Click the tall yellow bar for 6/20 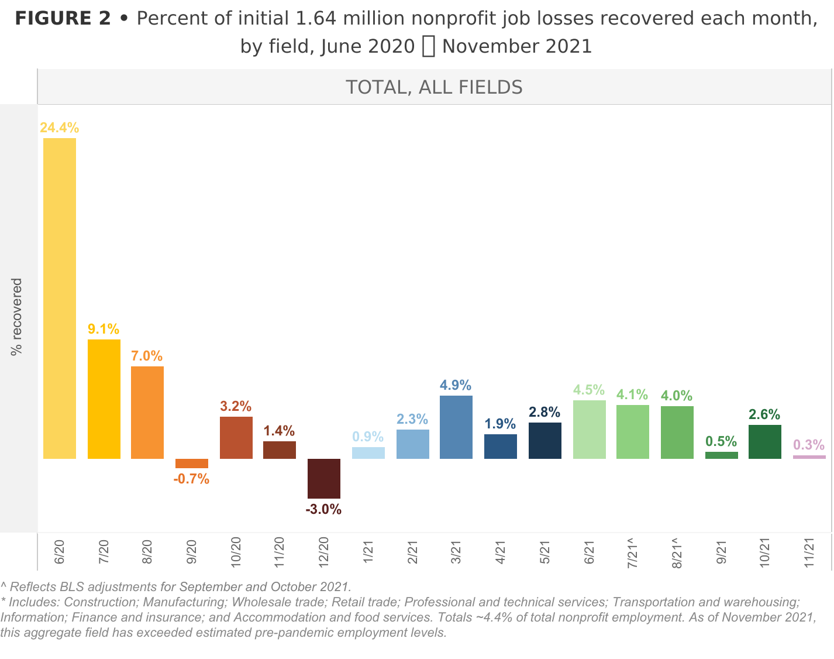tap(60, 298)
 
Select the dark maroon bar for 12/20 tap(324, 479)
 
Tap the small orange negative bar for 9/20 tap(192, 464)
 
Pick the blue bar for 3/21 tap(456, 427)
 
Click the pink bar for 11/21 tap(809, 457)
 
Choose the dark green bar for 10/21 tap(765, 442)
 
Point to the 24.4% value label tap(60, 128)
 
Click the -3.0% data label tap(323, 509)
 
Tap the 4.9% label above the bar tap(456, 385)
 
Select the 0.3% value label tap(809, 445)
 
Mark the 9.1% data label tap(104, 329)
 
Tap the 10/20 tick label tap(236, 551)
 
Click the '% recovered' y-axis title tap(16, 317)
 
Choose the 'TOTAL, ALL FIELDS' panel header tap(434, 87)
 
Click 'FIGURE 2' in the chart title tap(63, 19)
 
